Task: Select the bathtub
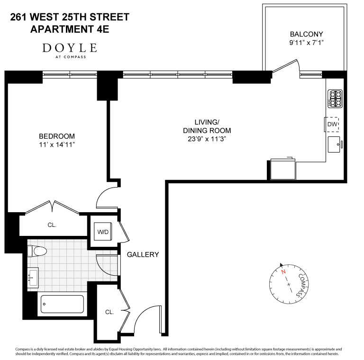click(62, 304)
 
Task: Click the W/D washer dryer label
click(103, 232)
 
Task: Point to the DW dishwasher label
click(332, 124)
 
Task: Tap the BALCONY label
click(306, 34)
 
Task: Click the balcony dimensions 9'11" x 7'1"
click(306, 43)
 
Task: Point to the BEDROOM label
click(57, 136)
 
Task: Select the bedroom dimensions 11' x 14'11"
click(57, 145)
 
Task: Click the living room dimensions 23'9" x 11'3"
click(207, 139)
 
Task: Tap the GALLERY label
click(143, 255)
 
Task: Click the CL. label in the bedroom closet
click(52, 225)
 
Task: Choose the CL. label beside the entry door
click(109, 312)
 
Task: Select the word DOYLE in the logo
click(70, 48)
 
